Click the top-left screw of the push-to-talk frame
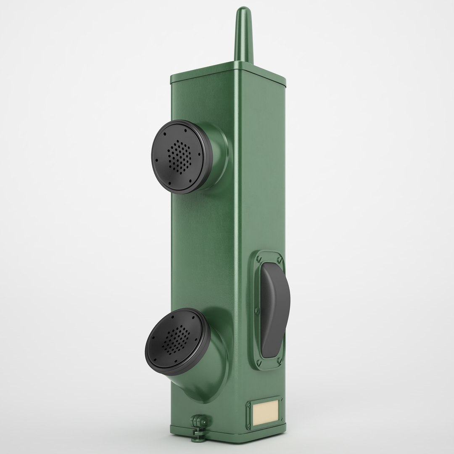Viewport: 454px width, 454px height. click(257, 256)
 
